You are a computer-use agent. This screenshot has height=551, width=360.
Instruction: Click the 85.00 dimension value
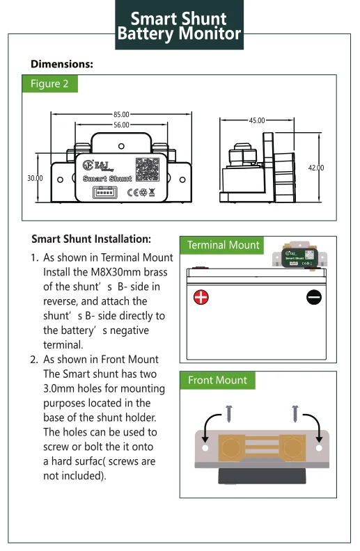(x=121, y=114)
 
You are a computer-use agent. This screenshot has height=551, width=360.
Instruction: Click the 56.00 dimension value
(x=121, y=125)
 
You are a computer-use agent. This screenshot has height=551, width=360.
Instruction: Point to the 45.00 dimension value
(x=257, y=120)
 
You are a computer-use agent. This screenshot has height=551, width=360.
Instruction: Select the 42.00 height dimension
(x=316, y=168)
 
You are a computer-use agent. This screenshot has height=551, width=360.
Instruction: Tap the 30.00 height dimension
(x=35, y=178)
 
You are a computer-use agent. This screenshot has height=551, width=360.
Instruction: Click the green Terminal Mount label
(x=223, y=245)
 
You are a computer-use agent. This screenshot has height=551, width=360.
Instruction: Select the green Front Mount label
(x=217, y=380)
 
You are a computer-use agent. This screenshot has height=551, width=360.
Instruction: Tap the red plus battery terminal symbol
(x=201, y=298)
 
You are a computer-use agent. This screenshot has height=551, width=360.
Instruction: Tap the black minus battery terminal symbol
(x=314, y=298)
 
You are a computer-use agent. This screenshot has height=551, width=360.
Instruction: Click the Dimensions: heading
(x=62, y=64)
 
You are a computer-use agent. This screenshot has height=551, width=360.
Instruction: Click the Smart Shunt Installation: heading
(x=91, y=239)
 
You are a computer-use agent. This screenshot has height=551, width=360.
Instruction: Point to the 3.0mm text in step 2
(x=59, y=388)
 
